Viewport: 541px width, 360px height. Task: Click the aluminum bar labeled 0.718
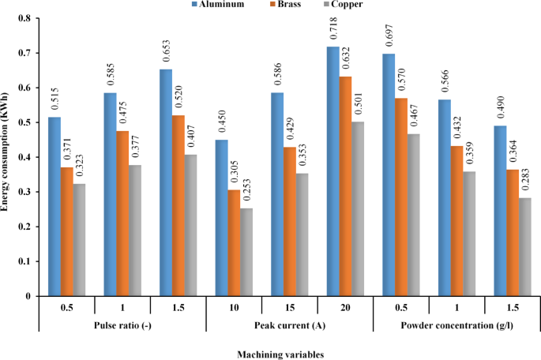click(x=333, y=171)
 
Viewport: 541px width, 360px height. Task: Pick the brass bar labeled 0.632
click(x=346, y=186)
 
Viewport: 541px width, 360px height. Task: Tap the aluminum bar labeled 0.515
click(x=54, y=206)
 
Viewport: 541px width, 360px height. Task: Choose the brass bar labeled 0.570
click(x=402, y=197)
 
